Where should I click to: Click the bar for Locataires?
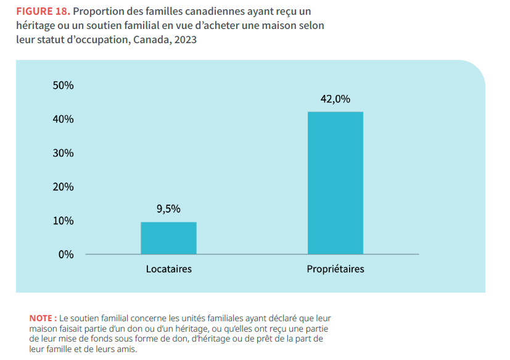[x=168, y=238]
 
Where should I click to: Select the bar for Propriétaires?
[x=335, y=182]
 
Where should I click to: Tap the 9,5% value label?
[x=168, y=209]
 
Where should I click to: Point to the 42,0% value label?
[x=335, y=99]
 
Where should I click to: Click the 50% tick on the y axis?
[x=64, y=86]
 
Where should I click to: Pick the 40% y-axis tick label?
[x=64, y=120]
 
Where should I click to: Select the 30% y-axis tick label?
[x=64, y=153]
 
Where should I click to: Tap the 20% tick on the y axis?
[x=64, y=187]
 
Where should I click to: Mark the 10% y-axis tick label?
[x=64, y=221]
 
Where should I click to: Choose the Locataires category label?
[x=168, y=269]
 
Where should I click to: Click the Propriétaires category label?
[x=335, y=269]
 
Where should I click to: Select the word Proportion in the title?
[x=100, y=12]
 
